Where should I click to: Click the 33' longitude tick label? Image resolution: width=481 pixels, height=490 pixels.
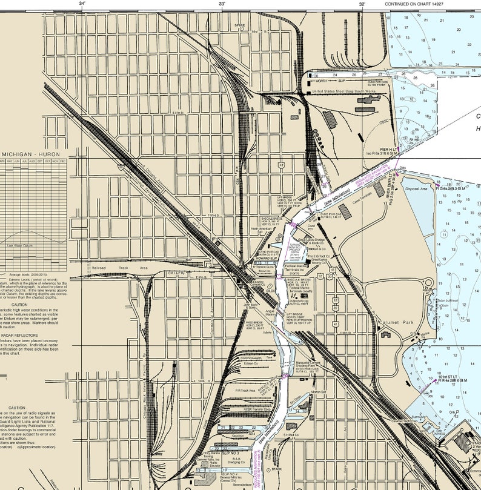coord(222,4)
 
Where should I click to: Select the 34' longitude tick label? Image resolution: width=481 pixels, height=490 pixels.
coord(82,4)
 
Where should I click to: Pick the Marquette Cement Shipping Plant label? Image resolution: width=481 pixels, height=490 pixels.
coord(305,365)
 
